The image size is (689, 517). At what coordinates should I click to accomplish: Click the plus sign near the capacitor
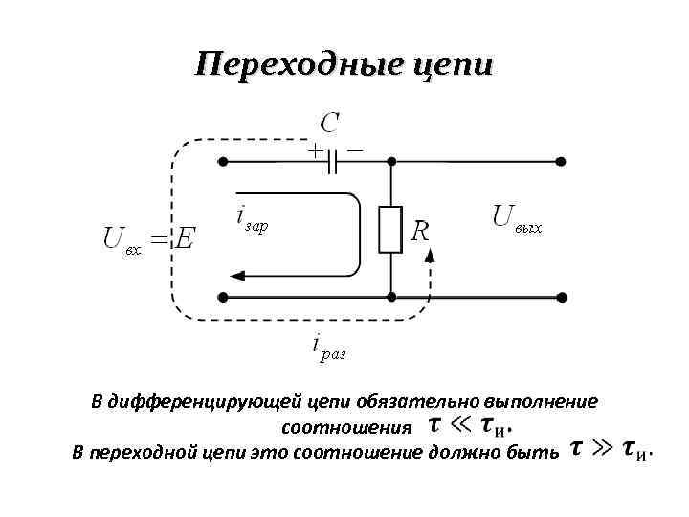pos(314,149)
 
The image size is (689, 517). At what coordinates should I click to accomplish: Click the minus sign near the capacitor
pos(355,149)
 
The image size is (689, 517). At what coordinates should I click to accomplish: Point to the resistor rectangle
pos(389,230)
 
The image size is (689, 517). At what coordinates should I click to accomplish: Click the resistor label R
pos(419,231)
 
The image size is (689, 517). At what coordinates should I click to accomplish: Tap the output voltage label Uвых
pos(516,218)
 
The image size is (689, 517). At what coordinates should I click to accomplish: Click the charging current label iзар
pos(252,219)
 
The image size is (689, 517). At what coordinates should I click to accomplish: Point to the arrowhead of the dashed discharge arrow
pos(430,254)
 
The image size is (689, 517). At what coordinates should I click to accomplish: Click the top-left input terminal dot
pos(223,162)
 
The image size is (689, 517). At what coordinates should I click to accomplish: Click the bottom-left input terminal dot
pos(223,297)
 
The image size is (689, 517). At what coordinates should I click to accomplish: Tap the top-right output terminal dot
pos(561,162)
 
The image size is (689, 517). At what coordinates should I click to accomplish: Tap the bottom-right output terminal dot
pos(561,297)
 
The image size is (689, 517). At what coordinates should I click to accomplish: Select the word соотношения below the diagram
pos(346,425)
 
